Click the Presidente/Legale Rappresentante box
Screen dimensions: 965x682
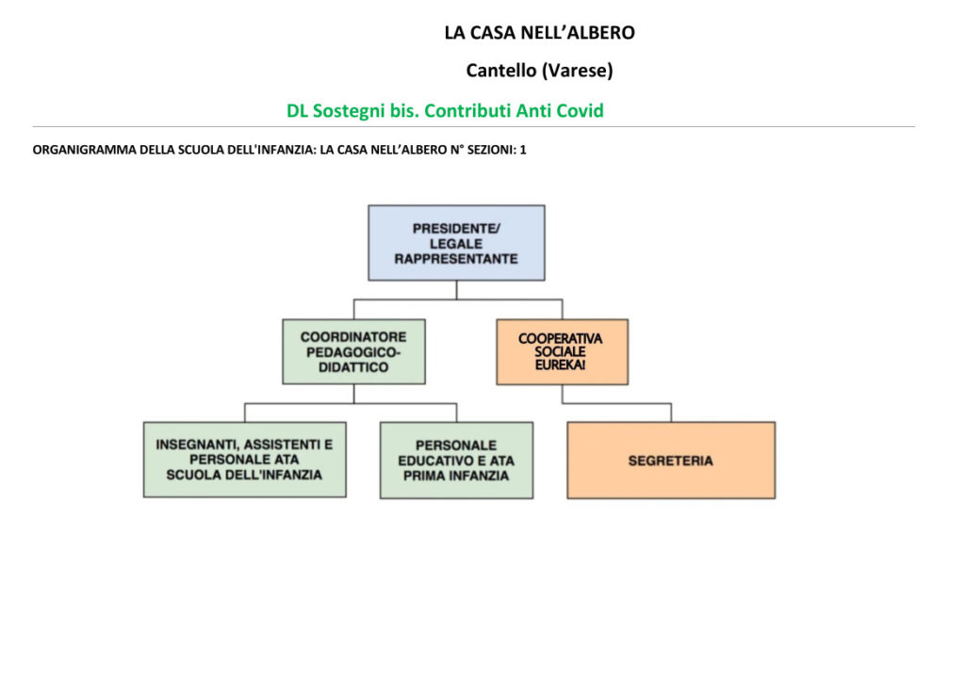pos(456,243)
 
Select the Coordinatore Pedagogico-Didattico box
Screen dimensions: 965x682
pos(354,351)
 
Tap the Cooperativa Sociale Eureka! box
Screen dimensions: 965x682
pos(563,351)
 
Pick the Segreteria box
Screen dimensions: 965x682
pos(671,460)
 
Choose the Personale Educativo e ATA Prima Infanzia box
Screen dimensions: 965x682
pos(457,460)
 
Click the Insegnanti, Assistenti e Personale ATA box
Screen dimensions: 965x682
pos(245,460)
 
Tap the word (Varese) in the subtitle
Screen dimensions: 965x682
pos(577,71)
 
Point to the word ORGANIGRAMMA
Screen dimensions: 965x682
pos(84,150)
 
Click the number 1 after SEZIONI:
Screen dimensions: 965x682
pos(523,150)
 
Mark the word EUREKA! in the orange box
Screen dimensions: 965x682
pos(560,365)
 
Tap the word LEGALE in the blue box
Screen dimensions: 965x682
pos(456,244)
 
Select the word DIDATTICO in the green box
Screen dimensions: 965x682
pos(353,367)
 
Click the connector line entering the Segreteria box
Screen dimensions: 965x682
pos(671,413)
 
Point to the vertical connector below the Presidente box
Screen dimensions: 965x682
pos(457,290)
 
